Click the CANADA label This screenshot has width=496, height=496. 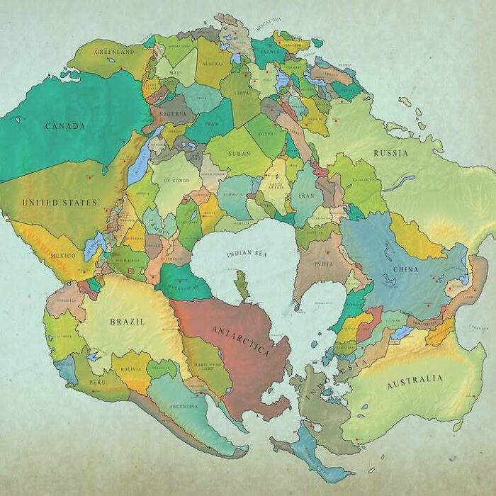click(x=65, y=126)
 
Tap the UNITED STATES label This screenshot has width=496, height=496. click(x=60, y=203)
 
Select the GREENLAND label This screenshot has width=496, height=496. click(x=114, y=52)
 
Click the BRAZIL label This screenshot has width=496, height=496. click(x=128, y=322)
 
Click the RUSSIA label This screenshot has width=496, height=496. click(x=390, y=153)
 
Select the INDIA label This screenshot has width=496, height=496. click(x=323, y=264)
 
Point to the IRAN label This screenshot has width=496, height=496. click(x=305, y=196)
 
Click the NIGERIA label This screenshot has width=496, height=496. click(x=174, y=113)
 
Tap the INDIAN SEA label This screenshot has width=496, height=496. click(x=246, y=253)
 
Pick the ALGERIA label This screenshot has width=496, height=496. click(x=213, y=63)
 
